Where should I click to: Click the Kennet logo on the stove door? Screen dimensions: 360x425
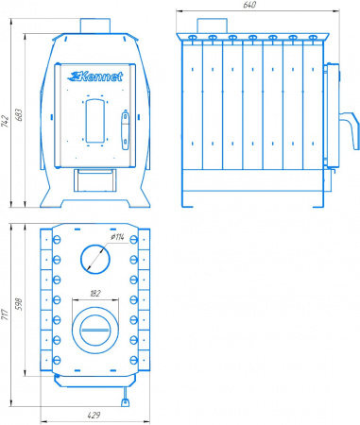[x=95, y=76]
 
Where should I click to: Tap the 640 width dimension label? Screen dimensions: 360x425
[x=249, y=5]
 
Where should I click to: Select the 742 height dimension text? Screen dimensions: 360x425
[x=5, y=121]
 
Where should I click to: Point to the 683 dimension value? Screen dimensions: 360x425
[x=19, y=115]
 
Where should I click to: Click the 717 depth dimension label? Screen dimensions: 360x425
[x=5, y=314]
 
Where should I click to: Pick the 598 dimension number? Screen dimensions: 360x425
[x=19, y=304]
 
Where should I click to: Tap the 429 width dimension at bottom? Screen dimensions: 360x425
[x=94, y=416]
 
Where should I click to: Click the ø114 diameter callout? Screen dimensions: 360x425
[x=117, y=237]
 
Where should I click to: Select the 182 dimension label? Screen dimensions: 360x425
[x=95, y=294]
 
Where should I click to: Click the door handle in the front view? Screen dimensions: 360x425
[x=125, y=130]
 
